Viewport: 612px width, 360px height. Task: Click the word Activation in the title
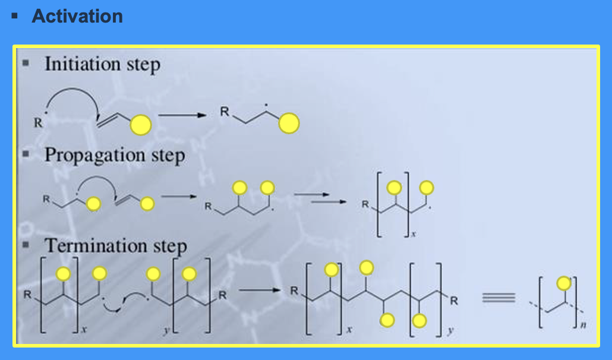[77, 16]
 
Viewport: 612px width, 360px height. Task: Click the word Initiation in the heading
[72, 64]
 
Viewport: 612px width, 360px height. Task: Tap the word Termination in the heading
[86, 245]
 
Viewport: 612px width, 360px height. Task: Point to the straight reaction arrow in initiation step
[181, 115]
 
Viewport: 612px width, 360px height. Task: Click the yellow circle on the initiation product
[289, 124]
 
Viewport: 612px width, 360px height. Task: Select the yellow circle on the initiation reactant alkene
[141, 125]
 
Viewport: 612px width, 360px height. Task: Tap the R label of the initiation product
[225, 111]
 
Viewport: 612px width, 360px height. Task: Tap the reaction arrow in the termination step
[259, 290]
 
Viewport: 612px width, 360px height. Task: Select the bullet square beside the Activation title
[14, 16]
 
